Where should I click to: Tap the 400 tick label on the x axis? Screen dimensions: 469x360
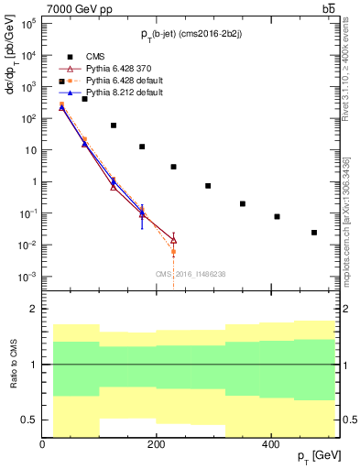(x=270, y=443)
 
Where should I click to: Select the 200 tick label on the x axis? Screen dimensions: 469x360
(x=157, y=443)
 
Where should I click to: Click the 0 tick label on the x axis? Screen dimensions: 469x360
(x=43, y=443)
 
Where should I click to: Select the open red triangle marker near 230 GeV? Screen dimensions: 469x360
(x=173, y=240)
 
